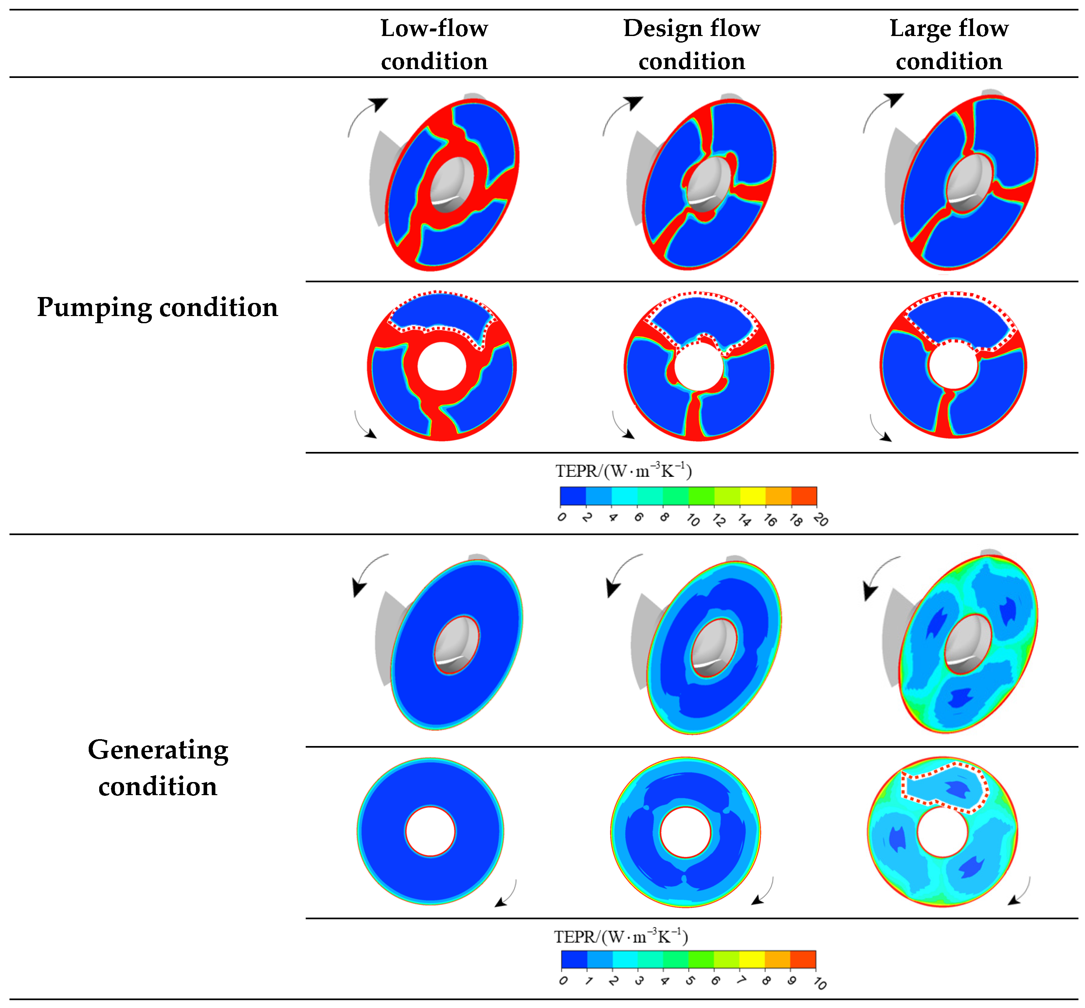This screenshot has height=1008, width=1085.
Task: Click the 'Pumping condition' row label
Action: coord(157,307)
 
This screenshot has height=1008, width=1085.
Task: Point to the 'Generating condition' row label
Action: coord(157,767)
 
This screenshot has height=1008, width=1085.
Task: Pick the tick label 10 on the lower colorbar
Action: coord(820,983)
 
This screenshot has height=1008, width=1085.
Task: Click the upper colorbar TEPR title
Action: coord(623,471)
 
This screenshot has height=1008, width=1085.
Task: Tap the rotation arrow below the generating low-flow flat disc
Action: coord(507,895)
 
